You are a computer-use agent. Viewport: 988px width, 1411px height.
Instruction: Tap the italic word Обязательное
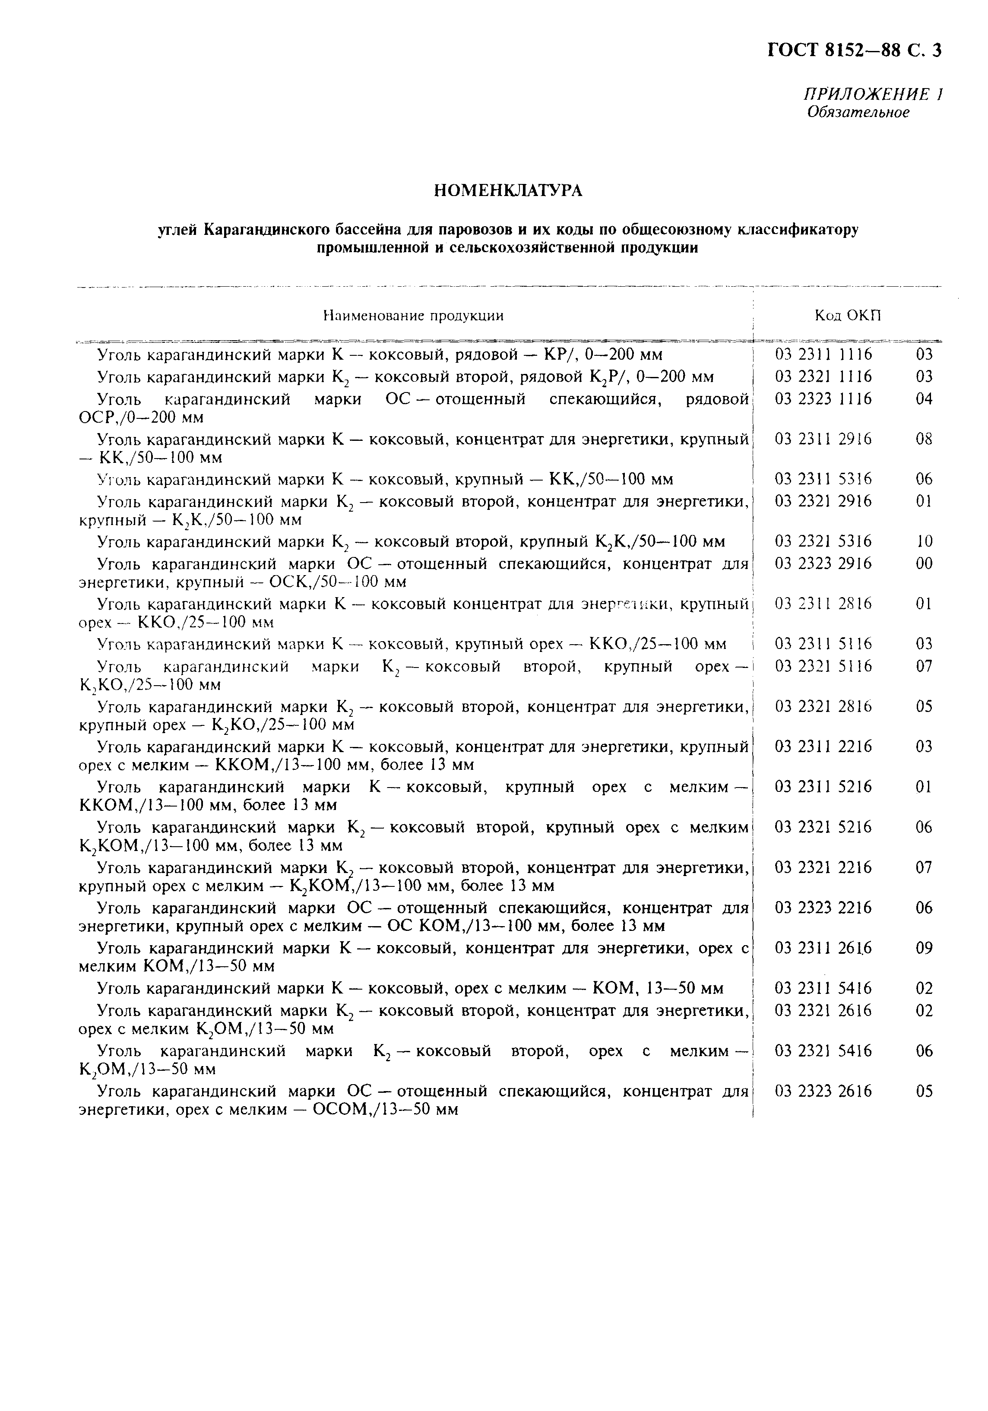point(858,112)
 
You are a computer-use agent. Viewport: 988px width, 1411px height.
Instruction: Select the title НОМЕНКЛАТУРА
point(508,191)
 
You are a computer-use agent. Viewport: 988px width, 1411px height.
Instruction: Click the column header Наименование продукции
point(413,316)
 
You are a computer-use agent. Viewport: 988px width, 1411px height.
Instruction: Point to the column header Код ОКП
point(847,316)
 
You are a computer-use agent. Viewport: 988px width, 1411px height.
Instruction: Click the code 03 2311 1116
point(823,354)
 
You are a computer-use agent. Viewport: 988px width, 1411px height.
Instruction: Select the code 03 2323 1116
point(823,399)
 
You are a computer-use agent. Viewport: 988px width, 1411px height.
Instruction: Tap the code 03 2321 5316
point(823,541)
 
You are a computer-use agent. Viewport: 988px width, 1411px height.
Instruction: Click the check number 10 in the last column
point(924,541)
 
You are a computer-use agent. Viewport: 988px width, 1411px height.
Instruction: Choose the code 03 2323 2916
point(823,563)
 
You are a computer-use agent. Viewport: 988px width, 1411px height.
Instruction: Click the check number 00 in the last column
point(924,563)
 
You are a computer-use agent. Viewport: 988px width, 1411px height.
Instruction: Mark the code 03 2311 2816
point(823,604)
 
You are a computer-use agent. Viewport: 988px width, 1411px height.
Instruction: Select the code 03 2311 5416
point(823,988)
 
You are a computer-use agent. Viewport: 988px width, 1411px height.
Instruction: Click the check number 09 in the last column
point(924,948)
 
